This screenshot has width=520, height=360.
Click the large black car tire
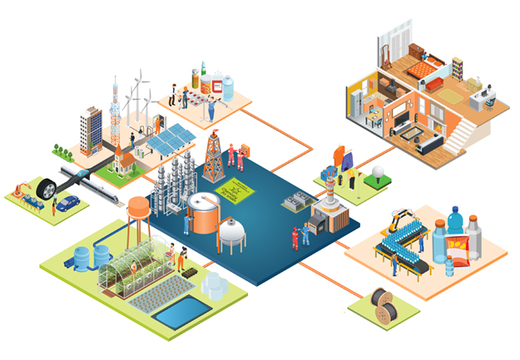(47, 190)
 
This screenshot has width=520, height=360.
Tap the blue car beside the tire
(68, 202)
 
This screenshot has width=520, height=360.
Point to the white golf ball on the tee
(376, 171)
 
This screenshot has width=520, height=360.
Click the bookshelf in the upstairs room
(457, 65)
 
